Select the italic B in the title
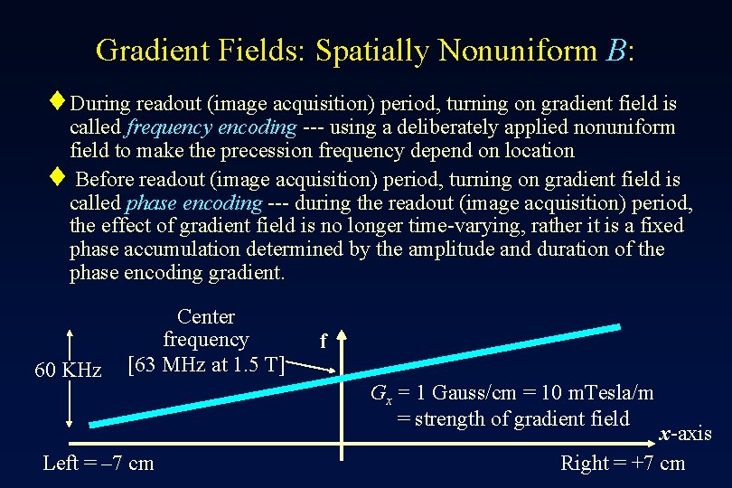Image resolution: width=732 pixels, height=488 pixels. pyautogui.click(x=616, y=51)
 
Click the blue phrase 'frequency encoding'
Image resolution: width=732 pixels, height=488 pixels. pyautogui.click(x=212, y=127)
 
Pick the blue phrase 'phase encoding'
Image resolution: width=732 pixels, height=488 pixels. pyautogui.click(x=194, y=202)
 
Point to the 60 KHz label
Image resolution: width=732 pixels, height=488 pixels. pyautogui.click(x=68, y=371)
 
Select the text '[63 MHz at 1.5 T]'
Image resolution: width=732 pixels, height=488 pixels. pyautogui.click(x=206, y=364)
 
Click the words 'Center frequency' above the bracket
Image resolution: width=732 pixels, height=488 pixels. pyautogui.click(x=205, y=328)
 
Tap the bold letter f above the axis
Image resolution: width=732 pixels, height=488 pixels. pyautogui.click(x=323, y=342)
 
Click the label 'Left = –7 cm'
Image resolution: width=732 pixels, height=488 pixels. pyautogui.click(x=99, y=464)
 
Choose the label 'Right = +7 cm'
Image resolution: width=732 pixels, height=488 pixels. pyautogui.click(x=623, y=464)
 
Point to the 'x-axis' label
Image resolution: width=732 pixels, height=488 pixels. pyautogui.click(x=685, y=435)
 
